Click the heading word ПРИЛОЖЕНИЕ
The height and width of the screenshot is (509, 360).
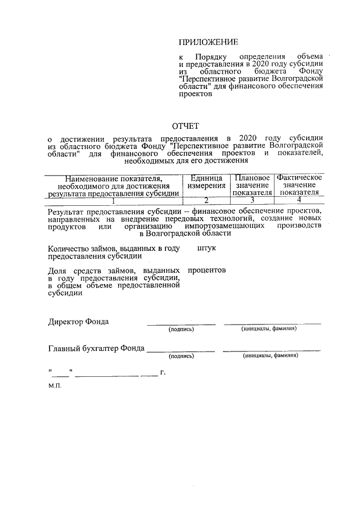208,42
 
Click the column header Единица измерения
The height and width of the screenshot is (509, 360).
206,182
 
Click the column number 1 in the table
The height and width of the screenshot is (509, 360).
114,200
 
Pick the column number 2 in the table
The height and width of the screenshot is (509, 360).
206,200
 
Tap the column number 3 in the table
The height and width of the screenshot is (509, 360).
252,200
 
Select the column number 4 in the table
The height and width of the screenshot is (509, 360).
299,200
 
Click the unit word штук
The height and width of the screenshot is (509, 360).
207,247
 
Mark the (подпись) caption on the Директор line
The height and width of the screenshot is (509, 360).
181,330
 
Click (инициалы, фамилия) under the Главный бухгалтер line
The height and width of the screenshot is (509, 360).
271,356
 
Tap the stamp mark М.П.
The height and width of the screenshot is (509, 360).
55,387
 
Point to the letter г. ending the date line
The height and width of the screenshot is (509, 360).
163,372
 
